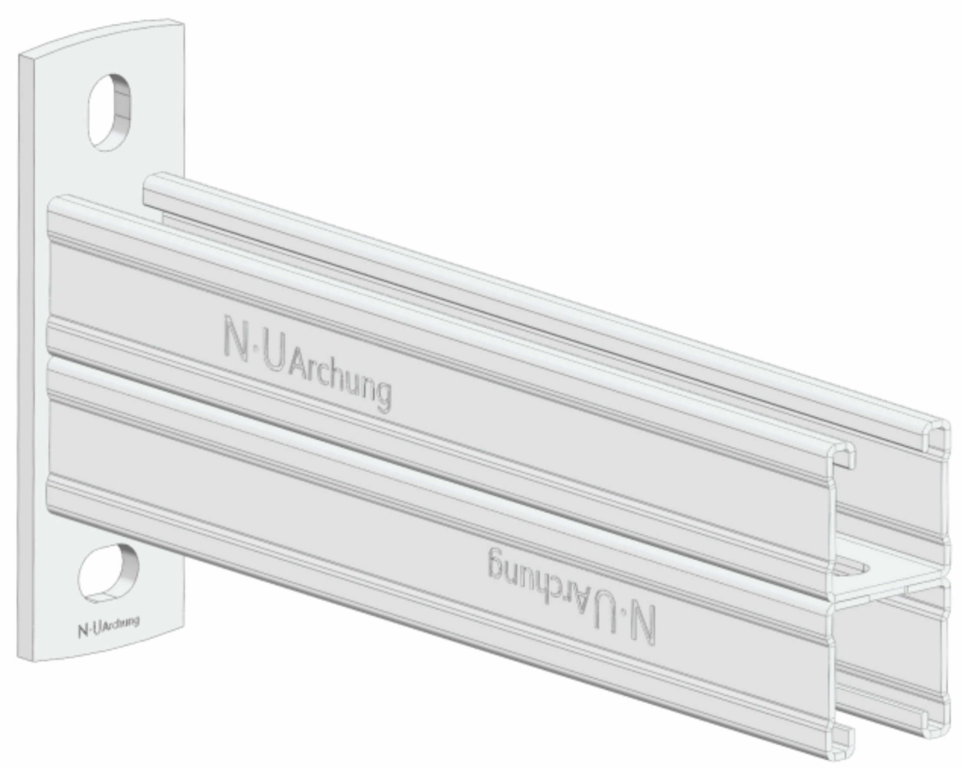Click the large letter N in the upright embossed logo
click(236, 338)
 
